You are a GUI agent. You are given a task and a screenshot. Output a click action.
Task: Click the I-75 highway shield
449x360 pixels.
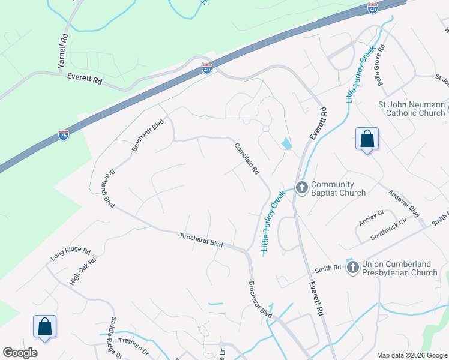pos(64,135)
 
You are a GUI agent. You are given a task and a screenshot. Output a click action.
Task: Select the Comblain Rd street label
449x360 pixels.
pos(246,158)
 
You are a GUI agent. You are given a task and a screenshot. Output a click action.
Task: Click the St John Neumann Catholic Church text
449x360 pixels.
pos(411,109)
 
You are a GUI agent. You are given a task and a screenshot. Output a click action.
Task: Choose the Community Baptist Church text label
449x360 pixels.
pos(338,188)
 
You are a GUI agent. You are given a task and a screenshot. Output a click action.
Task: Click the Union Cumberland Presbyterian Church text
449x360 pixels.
pos(399,268)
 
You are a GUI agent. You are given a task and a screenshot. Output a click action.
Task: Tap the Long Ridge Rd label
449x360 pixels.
pos(70,254)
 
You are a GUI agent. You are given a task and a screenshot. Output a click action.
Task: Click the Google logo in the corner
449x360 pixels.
pos(20,353)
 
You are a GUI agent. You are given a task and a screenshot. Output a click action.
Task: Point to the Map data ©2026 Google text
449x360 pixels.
pos(412,355)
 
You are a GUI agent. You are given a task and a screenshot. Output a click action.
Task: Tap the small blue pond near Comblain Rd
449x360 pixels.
pos(286,143)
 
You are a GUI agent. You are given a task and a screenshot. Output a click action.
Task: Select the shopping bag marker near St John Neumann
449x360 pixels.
pos(367,139)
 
